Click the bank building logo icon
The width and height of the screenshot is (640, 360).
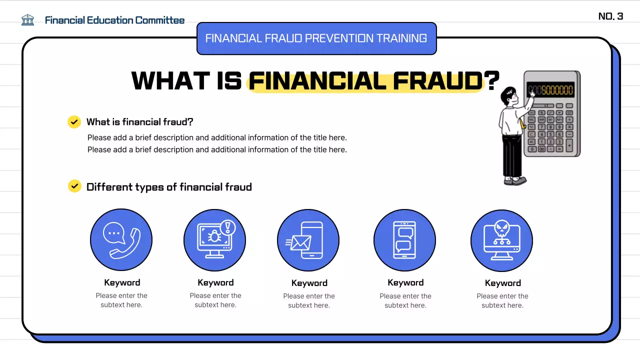click(x=28, y=20)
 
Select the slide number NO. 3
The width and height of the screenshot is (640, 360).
click(x=610, y=16)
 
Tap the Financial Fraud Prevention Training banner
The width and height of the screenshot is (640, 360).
click(x=316, y=38)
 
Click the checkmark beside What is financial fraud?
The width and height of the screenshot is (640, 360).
click(x=74, y=122)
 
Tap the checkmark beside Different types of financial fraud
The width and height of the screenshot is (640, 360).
click(x=74, y=186)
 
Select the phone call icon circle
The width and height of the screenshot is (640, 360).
click(x=121, y=240)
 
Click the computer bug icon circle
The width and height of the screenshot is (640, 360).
click(x=214, y=240)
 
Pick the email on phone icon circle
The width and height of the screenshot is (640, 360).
click(x=308, y=240)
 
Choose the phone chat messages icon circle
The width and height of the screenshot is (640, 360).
click(x=404, y=240)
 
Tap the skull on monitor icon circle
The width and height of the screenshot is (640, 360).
click(x=501, y=240)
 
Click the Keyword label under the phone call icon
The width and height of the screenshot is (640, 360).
click(x=122, y=282)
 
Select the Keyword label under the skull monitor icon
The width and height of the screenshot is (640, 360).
click(x=502, y=283)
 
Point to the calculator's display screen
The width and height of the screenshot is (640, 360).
click(x=550, y=90)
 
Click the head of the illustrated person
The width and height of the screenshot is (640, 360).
click(x=509, y=95)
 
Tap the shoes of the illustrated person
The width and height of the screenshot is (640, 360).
click(x=515, y=180)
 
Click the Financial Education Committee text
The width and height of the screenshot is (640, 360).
click(x=114, y=20)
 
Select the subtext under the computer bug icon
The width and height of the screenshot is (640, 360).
click(x=215, y=300)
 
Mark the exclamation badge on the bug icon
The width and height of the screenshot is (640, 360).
click(x=228, y=227)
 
